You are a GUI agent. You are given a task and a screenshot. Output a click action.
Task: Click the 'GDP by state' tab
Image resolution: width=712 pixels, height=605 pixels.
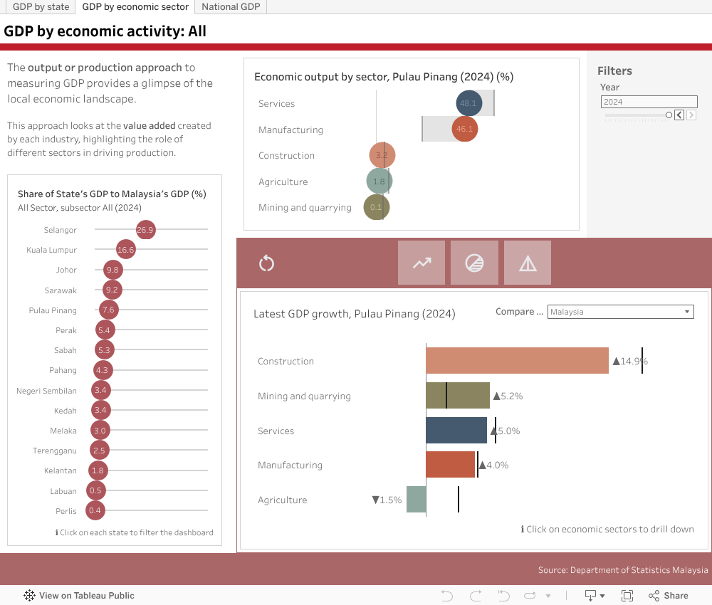click(x=41, y=7)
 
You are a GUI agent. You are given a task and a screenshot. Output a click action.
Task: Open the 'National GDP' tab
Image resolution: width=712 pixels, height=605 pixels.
click(x=231, y=7)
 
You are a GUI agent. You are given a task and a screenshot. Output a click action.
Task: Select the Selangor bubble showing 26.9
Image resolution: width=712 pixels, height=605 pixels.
click(x=145, y=230)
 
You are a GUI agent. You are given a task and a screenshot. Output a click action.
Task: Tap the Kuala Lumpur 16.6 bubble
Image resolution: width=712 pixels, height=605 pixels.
click(x=126, y=250)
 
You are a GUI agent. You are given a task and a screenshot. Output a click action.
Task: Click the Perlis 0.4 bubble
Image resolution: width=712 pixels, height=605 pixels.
click(x=95, y=510)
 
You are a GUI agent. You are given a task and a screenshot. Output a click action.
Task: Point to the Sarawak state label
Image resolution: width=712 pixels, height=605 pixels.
click(x=62, y=290)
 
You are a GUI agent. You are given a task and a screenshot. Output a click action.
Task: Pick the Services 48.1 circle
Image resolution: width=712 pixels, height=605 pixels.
click(x=468, y=103)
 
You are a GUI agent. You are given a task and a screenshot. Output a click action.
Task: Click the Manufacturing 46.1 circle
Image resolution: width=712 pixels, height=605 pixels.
click(x=464, y=130)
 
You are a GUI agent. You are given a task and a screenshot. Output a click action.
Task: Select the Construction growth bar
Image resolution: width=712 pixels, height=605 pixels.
click(x=517, y=361)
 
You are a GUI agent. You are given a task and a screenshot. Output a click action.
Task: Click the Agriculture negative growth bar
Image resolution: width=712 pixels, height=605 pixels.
click(x=416, y=500)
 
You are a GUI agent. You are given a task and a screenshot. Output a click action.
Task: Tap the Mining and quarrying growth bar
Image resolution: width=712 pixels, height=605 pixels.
click(x=457, y=396)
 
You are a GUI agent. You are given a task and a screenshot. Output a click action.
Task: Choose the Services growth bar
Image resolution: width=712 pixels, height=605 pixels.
click(x=456, y=431)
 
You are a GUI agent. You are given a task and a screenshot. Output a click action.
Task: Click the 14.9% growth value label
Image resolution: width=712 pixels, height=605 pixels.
click(x=630, y=361)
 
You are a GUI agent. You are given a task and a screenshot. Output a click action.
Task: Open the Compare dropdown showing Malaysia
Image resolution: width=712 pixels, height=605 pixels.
click(x=620, y=312)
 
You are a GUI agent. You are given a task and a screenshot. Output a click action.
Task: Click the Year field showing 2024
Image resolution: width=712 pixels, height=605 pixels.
click(x=649, y=102)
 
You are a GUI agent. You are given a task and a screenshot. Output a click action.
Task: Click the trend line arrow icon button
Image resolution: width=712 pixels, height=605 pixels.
click(x=422, y=263)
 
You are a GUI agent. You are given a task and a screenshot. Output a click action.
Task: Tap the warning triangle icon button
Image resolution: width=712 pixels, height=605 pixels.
click(x=528, y=263)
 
